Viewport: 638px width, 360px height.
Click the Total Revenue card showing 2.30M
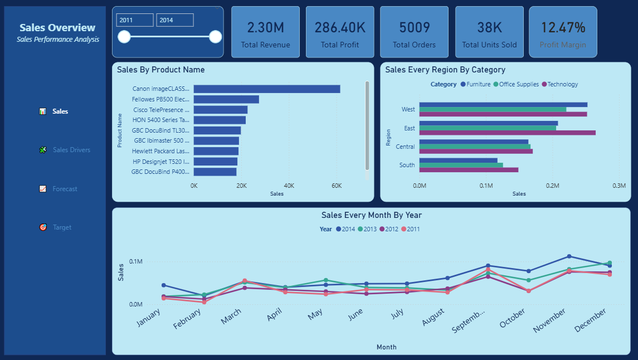(x=265, y=32)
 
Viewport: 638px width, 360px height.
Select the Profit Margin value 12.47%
(x=563, y=28)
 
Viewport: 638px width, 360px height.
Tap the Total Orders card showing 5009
(x=414, y=32)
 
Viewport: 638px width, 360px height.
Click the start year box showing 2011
(x=135, y=20)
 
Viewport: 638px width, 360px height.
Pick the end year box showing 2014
(x=175, y=20)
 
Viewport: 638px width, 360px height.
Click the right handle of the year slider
(x=215, y=37)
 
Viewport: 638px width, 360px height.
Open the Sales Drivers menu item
(x=71, y=150)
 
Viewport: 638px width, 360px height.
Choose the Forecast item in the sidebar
(x=65, y=189)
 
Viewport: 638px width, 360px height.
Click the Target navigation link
(x=62, y=227)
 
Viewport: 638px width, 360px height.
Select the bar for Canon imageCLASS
(x=266, y=89)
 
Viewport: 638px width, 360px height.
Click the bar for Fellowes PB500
(x=226, y=99)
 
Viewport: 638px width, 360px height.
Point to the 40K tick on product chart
(x=289, y=186)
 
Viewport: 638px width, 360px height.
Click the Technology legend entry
(x=562, y=85)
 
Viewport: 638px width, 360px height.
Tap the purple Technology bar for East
(x=507, y=133)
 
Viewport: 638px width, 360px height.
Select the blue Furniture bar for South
(x=458, y=160)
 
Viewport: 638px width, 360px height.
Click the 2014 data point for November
(x=569, y=256)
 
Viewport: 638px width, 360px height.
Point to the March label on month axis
(x=231, y=318)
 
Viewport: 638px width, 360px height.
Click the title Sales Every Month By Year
(x=371, y=215)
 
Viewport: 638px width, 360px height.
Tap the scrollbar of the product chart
(x=367, y=125)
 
